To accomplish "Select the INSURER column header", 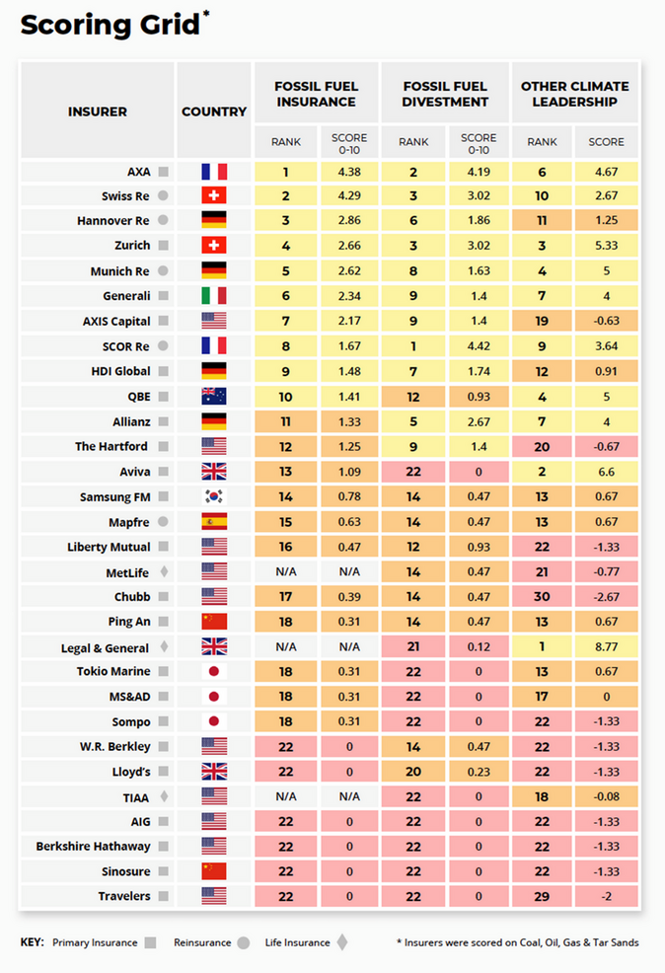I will [97, 112].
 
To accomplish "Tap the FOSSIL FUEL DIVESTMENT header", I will [445, 94].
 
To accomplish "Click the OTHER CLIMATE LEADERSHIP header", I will [575, 94].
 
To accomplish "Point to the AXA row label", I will [139, 171].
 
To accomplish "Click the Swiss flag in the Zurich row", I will [213, 246].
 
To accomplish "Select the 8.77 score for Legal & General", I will [606, 647].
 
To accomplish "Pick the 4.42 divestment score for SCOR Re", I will [479, 346].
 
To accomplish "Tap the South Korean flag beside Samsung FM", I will [213, 496].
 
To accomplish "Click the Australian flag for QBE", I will [213, 396].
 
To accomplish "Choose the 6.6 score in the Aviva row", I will [606, 472].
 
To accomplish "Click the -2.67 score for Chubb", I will [606, 597].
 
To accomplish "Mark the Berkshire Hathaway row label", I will [93, 847].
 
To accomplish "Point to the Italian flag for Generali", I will [213, 296].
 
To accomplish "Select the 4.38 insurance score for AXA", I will [348, 171].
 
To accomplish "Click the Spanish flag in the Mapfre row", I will [213, 522].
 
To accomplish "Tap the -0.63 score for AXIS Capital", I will [606, 321].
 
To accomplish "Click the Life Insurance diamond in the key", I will [342, 942].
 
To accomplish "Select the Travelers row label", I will [124, 897].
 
